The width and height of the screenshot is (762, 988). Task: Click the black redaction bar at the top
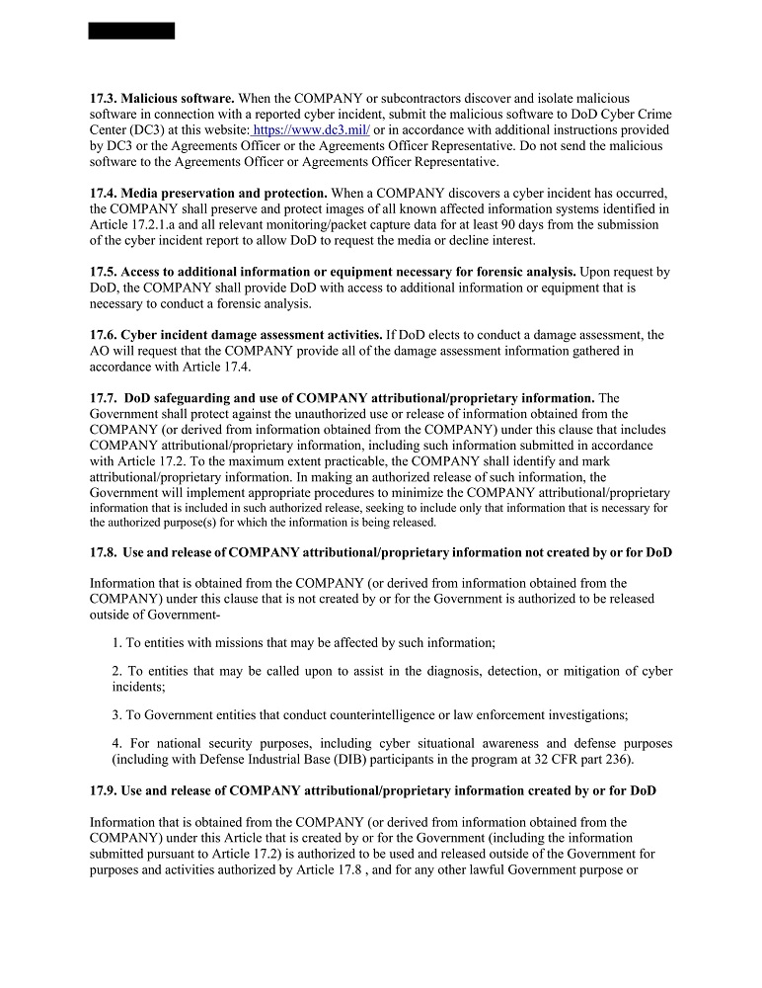pos(131,31)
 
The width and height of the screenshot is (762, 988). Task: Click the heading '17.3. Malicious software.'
pos(162,99)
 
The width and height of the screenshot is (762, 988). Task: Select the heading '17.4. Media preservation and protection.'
pos(208,193)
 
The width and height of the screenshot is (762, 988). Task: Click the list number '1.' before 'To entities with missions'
pos(117,642)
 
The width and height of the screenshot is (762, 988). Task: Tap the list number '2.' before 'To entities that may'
pos(117,671)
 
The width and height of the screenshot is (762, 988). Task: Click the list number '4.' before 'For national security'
pos(117,743)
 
